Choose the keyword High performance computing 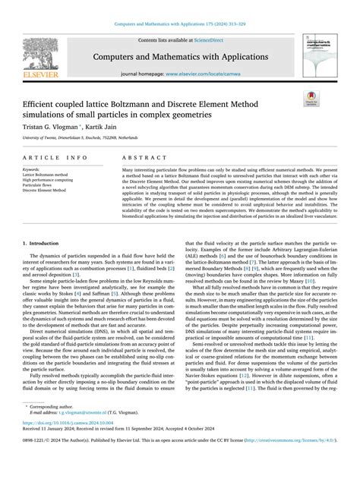click(x=47, y=180)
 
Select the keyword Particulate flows click(x=38, y=185)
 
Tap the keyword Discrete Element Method click(x=44, y=191)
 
